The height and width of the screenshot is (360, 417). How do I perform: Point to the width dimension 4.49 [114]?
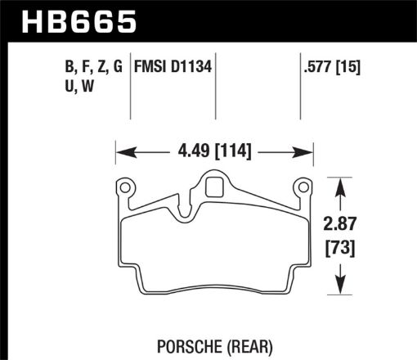(215, 151)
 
